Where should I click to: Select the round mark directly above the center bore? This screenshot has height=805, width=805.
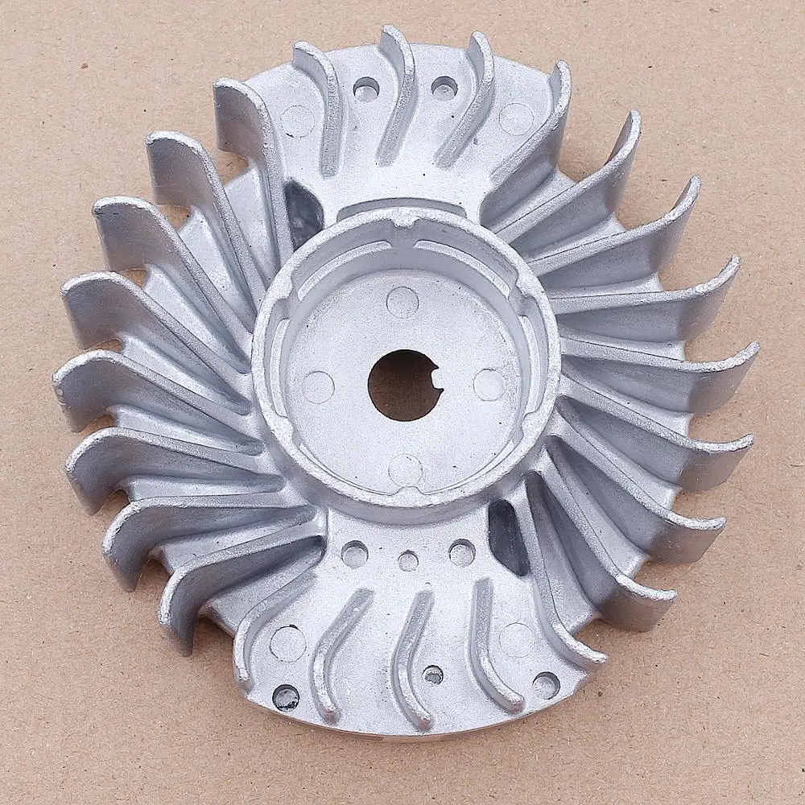[402, 302]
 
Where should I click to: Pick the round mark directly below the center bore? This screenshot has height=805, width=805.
[404, 469]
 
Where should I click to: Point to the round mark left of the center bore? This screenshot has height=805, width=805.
[318, 387]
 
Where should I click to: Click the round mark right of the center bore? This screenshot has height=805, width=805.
[489, 385]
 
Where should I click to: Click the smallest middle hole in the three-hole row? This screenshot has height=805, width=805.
[408, 561]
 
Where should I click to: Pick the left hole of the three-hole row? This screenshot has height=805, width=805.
[354, 554]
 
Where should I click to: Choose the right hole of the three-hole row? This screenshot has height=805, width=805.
[461, 553]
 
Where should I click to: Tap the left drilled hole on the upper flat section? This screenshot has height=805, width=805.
[366, 88]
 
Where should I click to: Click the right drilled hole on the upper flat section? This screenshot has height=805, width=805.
[444, 88]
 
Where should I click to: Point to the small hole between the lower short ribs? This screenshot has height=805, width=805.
[433, 675]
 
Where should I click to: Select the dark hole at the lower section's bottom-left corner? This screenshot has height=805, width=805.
[286, 697]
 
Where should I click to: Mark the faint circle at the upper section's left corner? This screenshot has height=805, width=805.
[298, 121]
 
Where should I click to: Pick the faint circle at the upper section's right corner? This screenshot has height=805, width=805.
[516, 118]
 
